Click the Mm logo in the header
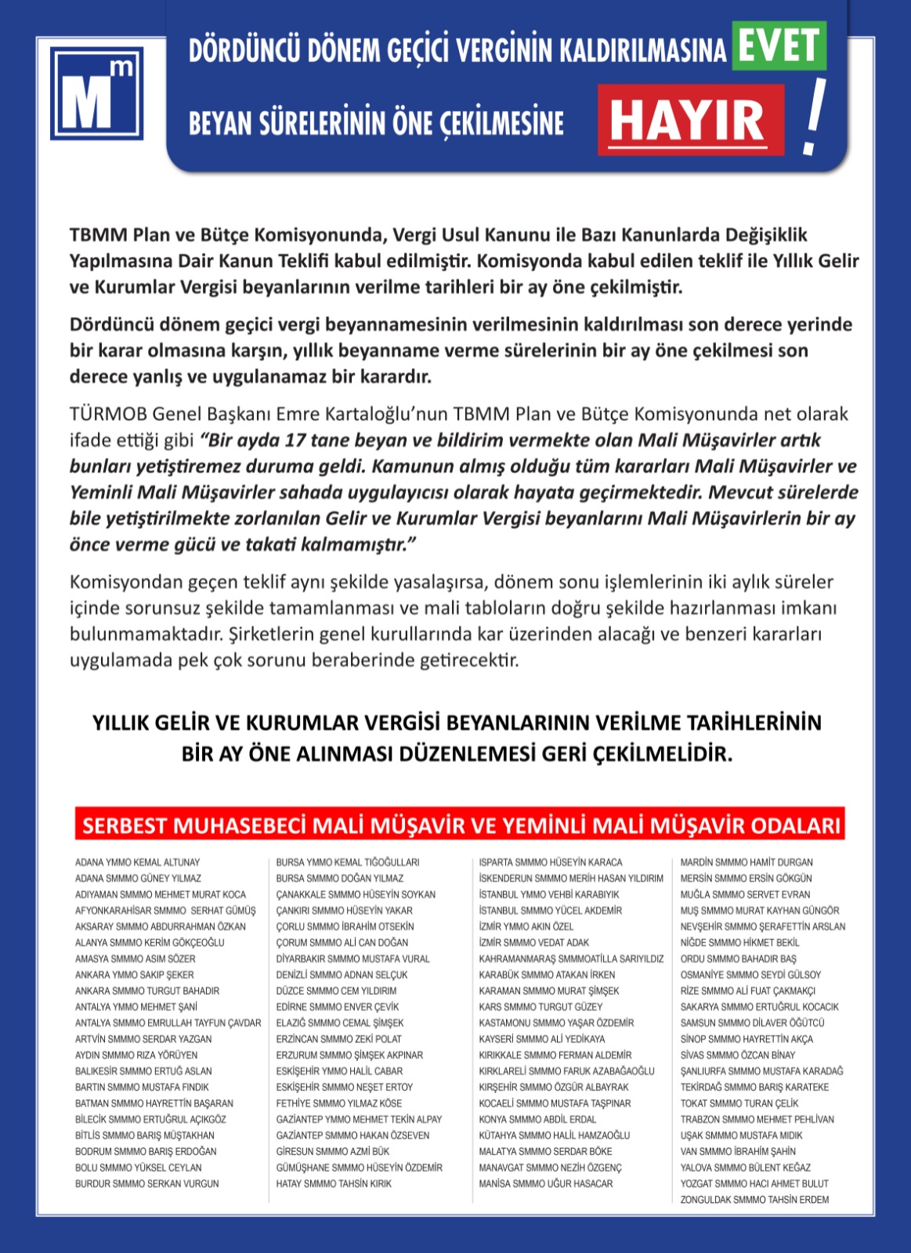point(97,93)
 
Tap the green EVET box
point(779,46)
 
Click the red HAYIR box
point(690,120)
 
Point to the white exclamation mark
point(814,116)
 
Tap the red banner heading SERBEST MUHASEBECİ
point(460,825)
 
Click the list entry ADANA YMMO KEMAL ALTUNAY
point(138,862)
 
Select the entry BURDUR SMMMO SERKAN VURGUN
point(147,1183)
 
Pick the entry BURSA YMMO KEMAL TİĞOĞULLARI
point(348,862)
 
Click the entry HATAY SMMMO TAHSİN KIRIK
point(334,1183)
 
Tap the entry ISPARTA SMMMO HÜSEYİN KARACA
point(551,862)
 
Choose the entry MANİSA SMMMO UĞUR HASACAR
point(546,1183)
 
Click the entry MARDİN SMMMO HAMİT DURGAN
point(747,862)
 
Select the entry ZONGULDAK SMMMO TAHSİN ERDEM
point(754,1200)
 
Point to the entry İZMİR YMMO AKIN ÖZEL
point(526,926)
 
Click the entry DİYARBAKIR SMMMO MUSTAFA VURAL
point(352,959)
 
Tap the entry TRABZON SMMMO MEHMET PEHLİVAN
point(757,1119)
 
